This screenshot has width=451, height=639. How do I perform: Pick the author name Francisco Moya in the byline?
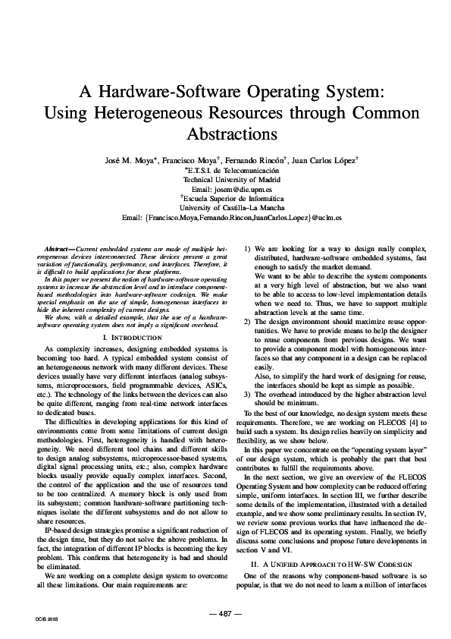tap(193, 161)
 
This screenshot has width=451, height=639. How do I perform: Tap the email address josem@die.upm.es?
tap(236, 190)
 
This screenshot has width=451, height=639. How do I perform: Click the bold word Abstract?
tap(58, 249)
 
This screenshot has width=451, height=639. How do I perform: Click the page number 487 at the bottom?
tap(225, 612)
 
